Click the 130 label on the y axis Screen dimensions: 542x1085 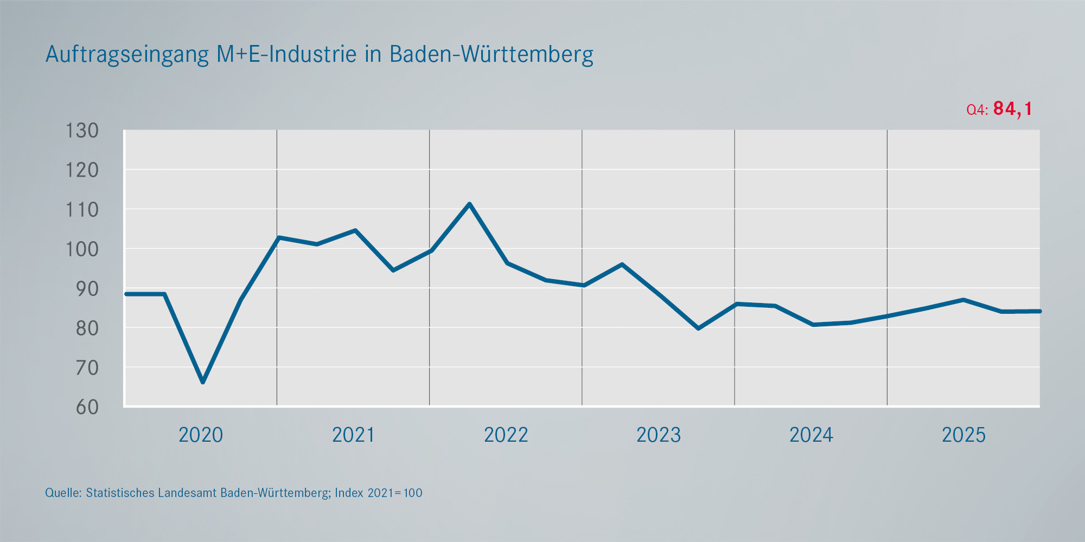coord(82,131)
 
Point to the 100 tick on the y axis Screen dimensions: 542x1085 coord(82,249)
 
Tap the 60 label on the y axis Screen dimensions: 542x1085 coord(87,407)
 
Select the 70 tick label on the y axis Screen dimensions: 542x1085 coord(87,368)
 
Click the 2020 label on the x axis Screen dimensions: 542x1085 coord(201,435)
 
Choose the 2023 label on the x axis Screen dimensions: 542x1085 coord(658,435)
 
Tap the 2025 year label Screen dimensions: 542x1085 coord(963,435)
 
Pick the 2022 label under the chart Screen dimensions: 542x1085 coord(506,435)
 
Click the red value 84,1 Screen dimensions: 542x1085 coord(1012,109)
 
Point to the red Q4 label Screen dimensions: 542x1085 coord(977,110)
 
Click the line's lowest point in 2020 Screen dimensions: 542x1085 coord(203,382)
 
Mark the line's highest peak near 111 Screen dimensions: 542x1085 coord(469,204)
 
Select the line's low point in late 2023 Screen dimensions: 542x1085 coord(698,328)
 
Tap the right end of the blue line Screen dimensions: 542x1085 coord(1039,311)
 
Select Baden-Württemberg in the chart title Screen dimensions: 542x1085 coord(492,54)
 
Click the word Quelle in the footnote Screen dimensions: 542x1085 coord(63,493)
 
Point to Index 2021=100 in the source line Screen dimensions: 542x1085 coord(378,493)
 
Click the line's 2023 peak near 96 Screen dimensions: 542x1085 coord(622,264)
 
